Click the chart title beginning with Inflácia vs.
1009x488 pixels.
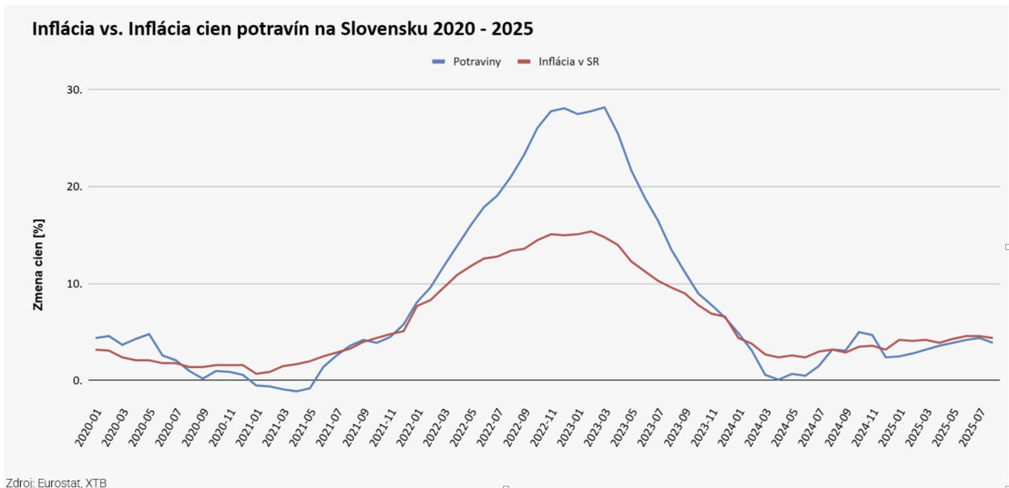point(282,29)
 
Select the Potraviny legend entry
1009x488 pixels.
point(476,62)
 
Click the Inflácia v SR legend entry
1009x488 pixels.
point(568,62)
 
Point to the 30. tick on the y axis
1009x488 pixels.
point(75,90)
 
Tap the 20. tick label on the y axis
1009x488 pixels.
point(75,187)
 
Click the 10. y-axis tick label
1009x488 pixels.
point(75,284)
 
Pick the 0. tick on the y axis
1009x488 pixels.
point(77,380)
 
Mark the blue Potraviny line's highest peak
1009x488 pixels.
point(604,107)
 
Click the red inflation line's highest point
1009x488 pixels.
point(591,231)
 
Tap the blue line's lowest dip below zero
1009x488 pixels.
point(297,391)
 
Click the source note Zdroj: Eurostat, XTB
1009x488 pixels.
point(56,483)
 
